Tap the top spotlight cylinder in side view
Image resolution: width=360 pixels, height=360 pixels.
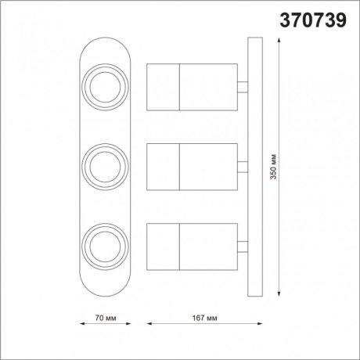point(193,86)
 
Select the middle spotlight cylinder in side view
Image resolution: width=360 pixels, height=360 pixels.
point(193,166)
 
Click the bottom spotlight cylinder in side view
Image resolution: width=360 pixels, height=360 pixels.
point(193,246)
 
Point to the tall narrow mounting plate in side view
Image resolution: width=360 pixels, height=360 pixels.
point(253,166)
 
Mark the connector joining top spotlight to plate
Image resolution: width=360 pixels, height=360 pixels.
point(243,86)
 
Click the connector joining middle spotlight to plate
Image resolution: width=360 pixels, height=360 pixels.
point(243,166)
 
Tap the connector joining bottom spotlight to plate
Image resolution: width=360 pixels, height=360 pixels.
point(243,246)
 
